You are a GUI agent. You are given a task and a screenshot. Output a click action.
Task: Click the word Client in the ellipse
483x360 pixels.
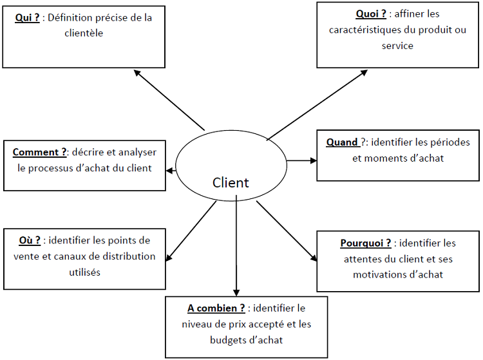[x=231, y=183]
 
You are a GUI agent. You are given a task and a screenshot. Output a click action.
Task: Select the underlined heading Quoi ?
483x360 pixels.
[x=371, y=14]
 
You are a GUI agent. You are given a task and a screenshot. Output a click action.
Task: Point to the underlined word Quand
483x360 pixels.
[x=341, y=142]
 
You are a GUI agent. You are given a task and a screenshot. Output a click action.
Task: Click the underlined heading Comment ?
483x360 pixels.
[x=40, y=153]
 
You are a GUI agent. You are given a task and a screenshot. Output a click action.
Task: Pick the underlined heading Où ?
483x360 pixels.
[x=30, y=240]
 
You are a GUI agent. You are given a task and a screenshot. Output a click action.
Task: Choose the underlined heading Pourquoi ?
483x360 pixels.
[x=366, y=243]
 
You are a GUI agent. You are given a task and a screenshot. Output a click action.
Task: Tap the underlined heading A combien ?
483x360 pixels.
[x=216, y=308]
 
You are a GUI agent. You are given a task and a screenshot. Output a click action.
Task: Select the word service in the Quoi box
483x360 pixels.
[x=397, y=46]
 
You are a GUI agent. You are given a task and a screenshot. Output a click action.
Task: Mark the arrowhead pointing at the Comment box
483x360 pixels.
[x=170, y=171]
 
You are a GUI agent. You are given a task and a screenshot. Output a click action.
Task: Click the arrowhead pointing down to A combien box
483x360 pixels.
[x=236, y=291]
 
